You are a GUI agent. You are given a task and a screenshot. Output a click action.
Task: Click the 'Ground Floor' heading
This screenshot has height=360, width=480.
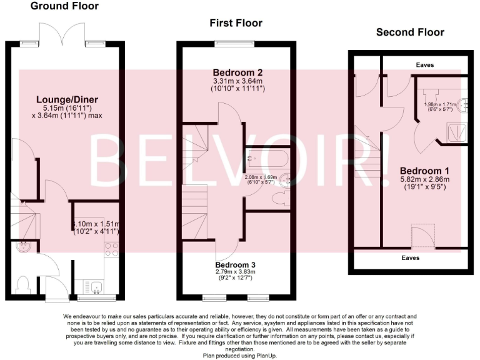(64, 6)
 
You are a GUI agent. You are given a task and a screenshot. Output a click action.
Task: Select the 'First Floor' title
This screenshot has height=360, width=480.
(236, 23)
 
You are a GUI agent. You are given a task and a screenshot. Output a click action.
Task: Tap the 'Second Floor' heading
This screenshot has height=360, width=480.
(410, 32)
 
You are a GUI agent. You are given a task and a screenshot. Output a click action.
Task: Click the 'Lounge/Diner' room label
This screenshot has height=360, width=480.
(67, 99)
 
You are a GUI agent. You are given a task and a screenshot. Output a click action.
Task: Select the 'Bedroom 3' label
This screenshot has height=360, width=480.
(236, 264)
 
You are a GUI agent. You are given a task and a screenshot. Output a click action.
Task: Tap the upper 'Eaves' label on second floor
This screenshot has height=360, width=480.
(425, 64)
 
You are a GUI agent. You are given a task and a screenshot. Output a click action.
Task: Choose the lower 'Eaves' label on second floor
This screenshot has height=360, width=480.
(410, 257)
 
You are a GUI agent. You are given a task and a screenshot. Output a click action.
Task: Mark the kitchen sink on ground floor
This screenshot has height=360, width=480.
(96, 287)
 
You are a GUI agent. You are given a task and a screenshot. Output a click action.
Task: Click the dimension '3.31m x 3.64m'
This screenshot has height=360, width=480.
(238, 81)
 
